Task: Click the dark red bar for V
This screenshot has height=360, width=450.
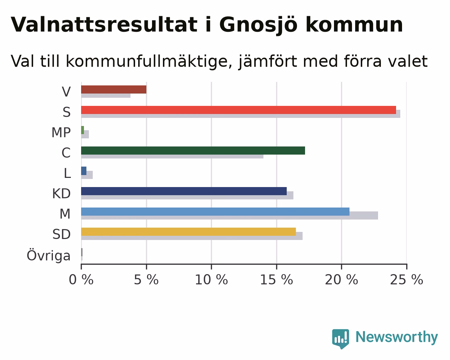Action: [x=114, y=89]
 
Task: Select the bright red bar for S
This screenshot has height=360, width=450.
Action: [x=239, y=110]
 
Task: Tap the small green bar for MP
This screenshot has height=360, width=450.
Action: [x=83, y=130]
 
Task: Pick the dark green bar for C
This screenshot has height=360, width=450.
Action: [x=193, y=150]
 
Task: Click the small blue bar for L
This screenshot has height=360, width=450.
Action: [x=84, y=171]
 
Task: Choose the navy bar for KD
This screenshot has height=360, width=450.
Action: [x=184, y=191]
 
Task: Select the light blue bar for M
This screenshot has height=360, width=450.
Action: [x=215, y=211]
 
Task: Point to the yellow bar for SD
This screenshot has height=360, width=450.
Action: [x=188, y=232]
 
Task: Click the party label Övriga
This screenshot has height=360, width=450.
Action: [x=49, y=255]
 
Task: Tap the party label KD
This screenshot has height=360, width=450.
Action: [x=61, y=194]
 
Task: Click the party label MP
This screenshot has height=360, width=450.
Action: [x=61, y=132]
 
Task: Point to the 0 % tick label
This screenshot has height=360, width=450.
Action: [x=81, y=280]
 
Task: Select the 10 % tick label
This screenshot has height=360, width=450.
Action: [x=211, y=280]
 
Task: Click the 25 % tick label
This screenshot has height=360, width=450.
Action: [x=407, y=280]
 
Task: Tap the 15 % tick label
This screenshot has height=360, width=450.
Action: [x=276, y=280]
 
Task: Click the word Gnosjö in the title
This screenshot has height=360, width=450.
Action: [x=258, y=25]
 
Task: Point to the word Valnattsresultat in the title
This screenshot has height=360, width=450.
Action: [x=104, y=25]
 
